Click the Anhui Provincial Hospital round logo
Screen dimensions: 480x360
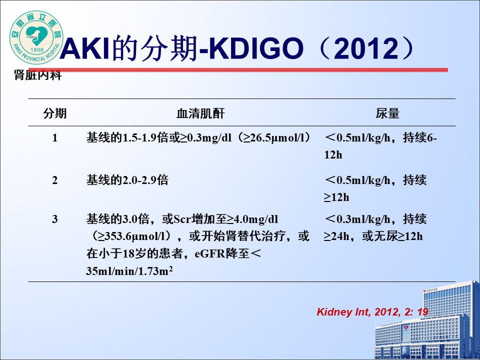pyautogui.click(x=36, y=37)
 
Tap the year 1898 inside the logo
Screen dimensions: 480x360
pyautogui.click(x=36, y=49)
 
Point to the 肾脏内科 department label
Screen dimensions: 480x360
pyautogui.click(x=37, y=75)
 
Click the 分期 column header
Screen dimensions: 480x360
pyautogui.click(x=55, y=113)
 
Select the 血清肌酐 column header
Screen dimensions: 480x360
pyautogui.click(x=200, y=113)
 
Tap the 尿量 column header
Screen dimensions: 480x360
pyautogui.click(x=387, y=113)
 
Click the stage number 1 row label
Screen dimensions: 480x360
pyautogui.click(x=55, y=138)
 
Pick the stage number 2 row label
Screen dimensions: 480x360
pyautogui.click(x=55, y=180)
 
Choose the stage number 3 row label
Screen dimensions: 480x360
pyautogui.click(x=55, y=219)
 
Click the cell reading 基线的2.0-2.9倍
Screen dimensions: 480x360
pyautogui.click(x=127, y=180)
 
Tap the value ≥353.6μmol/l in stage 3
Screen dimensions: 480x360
pyautogui.click(x=133, y=236)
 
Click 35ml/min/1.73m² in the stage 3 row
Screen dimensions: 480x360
pyautogui.click(x=129, y=271)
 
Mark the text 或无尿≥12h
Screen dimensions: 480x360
pyautogui.click(x=392, y=236)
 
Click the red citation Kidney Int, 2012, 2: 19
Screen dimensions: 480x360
pyautogui.click(x=372, y=312)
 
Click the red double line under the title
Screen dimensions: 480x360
pyautogui.click(x=238, y=70)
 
